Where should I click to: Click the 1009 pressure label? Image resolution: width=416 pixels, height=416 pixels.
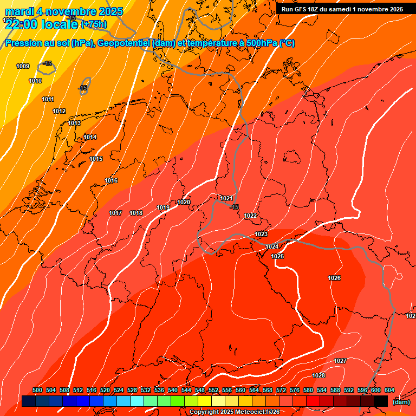point(23,66)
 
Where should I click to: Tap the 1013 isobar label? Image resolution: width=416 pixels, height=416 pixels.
point(75,123)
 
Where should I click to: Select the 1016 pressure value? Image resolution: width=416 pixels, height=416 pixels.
point(112,180)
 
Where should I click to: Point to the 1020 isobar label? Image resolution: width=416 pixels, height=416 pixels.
point(184,202)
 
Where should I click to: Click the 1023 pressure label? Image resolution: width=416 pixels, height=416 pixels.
point(261,234)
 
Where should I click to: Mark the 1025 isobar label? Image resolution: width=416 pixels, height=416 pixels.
point(278,256)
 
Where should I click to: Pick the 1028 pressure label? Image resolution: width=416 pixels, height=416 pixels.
point(318,375)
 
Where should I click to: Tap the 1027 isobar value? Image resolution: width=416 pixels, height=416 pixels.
point(340,361)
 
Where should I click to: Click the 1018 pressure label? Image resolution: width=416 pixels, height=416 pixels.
point(136,213)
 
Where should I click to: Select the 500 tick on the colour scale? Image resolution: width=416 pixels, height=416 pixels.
point(37,390)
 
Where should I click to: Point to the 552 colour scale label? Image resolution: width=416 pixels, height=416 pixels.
point(213,390)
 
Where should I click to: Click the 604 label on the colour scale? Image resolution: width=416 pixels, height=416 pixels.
point(389,390)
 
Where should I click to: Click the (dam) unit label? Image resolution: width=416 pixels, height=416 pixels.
point(401,402)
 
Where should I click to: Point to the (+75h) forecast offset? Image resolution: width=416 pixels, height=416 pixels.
point(94,24)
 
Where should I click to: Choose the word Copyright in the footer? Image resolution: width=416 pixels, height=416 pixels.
point(204,412)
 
